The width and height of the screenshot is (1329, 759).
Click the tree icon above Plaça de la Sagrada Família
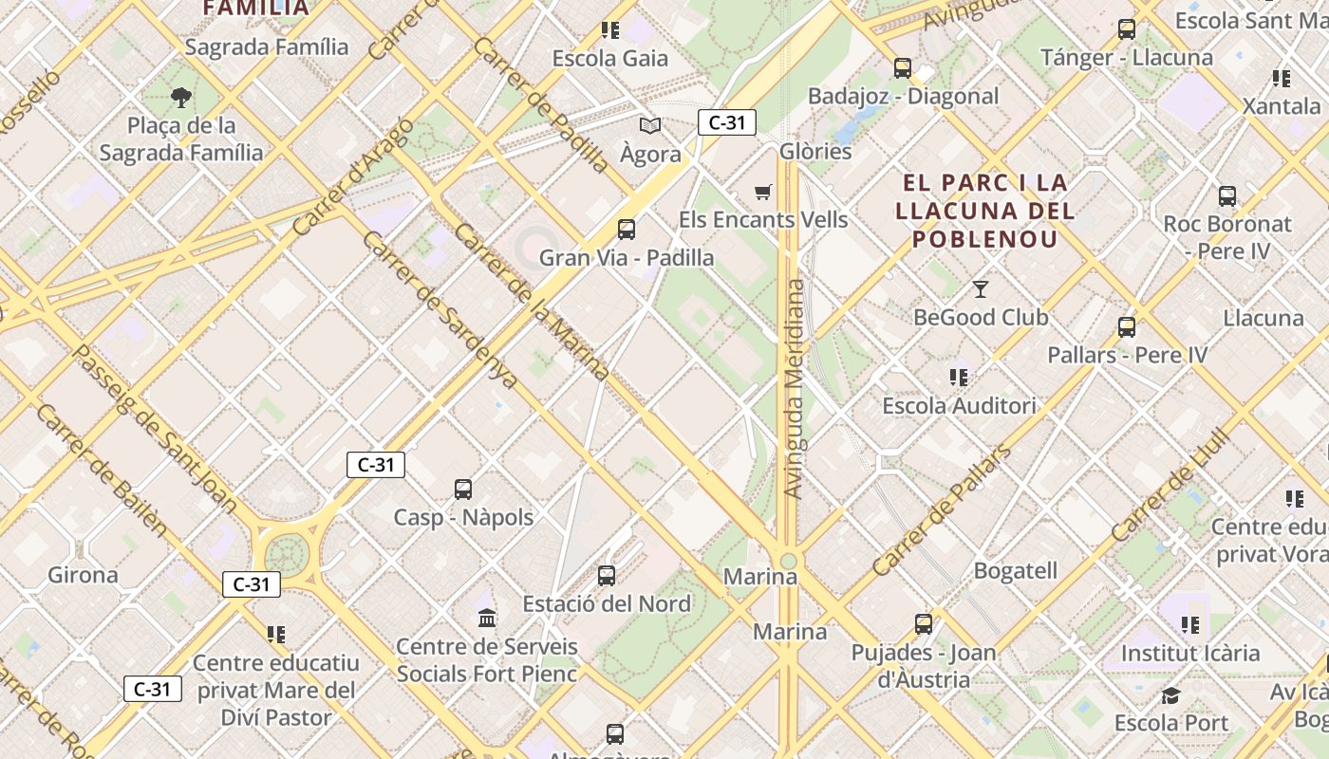[x=181, y=97]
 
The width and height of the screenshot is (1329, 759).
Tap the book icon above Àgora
[x=650, y=125]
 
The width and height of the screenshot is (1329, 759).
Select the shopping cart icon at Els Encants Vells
[x=762, y=193]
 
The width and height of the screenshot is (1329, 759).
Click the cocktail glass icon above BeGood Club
[x=981, y=288]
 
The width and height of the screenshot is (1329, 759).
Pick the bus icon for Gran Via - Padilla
[x=627, y=229]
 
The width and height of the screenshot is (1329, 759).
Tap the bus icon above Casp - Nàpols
[x=463, y=490]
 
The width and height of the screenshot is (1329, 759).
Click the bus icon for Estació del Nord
[x=607, y=575]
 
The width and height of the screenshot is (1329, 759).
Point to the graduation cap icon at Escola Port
[x=1170, y=695]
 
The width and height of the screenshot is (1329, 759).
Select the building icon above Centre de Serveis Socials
[x=487, y=619]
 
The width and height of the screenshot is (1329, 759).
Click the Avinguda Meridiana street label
[x=795, y=389]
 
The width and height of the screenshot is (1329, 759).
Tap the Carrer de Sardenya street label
[x=440, y=310]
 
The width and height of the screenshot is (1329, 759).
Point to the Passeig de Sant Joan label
[x=154, y=429]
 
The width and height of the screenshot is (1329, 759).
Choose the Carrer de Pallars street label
[x=941, y=510]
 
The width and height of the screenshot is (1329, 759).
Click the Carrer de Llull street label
[x=1170, y=488]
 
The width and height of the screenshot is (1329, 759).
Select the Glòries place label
[x=815, y=151]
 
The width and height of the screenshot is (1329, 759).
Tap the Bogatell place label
[x=1015, y=571]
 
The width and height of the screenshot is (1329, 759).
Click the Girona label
[x=84, y=575]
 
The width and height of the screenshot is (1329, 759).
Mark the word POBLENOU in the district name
[x=985, y=238]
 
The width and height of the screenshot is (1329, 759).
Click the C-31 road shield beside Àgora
[x=727, y=122]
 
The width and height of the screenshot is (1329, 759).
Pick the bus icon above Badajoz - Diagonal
[x=902, y=68]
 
